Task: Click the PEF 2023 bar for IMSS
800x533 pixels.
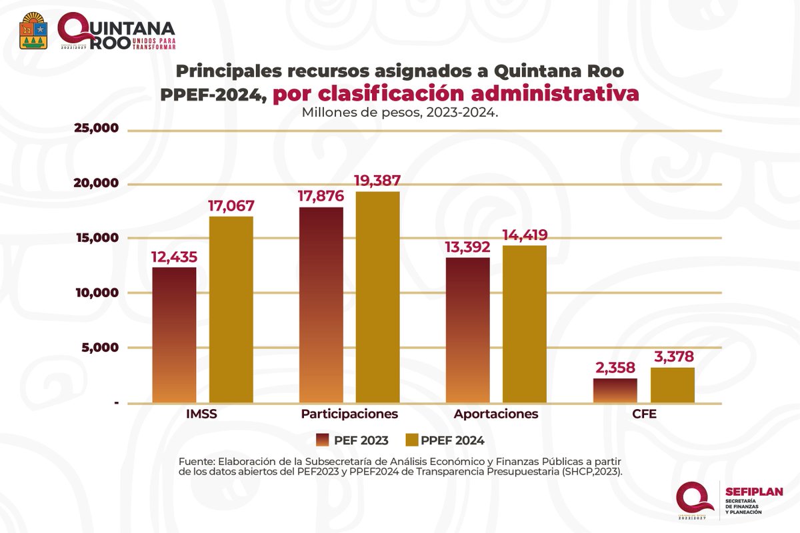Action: (x=174, y=334)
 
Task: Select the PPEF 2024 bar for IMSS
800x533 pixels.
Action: (x=231, y=310)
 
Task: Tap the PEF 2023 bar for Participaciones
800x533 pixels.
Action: (x=321, y=304)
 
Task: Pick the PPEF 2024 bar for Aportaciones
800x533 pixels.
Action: (x=525, y=324)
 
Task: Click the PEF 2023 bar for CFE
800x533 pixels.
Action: (x=615, y=391)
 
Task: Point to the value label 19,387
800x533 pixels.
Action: (x=377, y=181)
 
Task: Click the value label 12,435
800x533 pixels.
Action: (x=174, y=257)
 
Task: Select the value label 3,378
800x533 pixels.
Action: (x=672, y=356)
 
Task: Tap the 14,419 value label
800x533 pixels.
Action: (x=525, y=235)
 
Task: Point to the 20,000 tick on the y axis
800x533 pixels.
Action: (x=95, y=183)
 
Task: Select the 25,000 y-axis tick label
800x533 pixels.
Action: (x=95, y=129)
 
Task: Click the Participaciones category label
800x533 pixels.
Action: (x=349, y=414)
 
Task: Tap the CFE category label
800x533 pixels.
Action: (x=644, y=414)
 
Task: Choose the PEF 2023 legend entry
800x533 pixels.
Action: (x=353, y=440)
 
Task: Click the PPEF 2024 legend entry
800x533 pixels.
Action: (x=445, y=440)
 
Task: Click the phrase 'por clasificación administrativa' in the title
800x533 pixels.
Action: (x=455, y=94)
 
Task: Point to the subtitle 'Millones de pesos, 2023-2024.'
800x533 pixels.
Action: (x=400, y=112)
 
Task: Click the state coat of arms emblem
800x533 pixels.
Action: (x=34, y=31)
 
